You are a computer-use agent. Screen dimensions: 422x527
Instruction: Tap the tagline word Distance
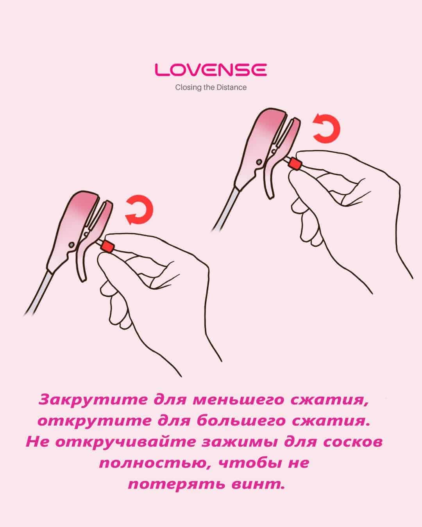[232, 87]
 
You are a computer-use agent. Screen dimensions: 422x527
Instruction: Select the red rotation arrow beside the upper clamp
[327, 128]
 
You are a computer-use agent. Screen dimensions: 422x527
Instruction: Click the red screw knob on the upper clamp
[295, 164]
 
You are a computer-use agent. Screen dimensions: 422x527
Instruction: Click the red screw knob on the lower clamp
[107, 246]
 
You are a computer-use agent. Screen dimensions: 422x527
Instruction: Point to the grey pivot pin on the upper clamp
[259, 162]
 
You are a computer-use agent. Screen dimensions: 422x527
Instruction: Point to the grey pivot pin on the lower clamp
[72, 245]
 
